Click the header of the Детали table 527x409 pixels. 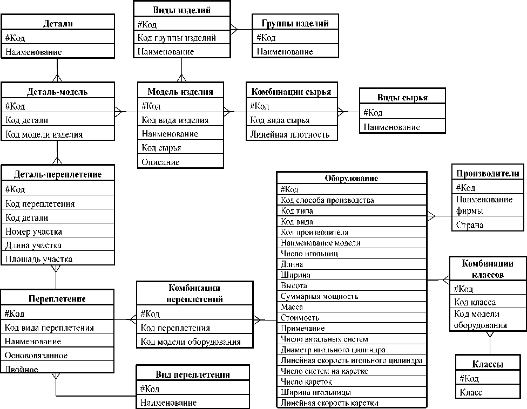pyautogui.click(x=57, y=23)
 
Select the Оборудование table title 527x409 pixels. pyautogui.click(x=351, y=179)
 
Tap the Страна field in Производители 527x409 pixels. pyautogui.click(x=470, y=225)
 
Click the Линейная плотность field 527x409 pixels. pyautogui.click(x=289, y=134)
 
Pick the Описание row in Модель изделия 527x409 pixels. pyautogui.click(x=160, y=162)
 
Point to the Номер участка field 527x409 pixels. pyautogui.click(x=33, y=231)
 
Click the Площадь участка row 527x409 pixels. pyautogui.click(x=39, y=259)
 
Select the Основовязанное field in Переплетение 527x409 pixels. pyautogui.click(x=36, y=355)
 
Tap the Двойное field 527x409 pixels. pyautogui.click(x=22, y=369)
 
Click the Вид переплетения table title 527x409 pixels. pyautogui.click(x=192, y=374)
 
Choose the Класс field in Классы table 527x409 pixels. pyautogui.click(x=471, y=392)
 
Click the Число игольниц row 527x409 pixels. pyautogui.click(x=309, y=254)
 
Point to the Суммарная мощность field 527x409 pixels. pyautogui.click(x=320, y=296)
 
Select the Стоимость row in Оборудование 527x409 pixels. pyautogui.click(x=300, y=318)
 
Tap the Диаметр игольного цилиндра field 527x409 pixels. pyautogui.click(x=333, y=350)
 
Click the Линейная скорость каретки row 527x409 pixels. pyautogui.click(x=329, y=403)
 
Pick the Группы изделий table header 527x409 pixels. pyautogui.click(x=295, y=23)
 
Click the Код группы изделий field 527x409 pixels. pyautogui.click(x=177, y=38)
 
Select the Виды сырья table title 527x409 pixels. pyautogui.click(x=402, y=98)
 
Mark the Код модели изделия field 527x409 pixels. pyautogui.click(x=44, y=134)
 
